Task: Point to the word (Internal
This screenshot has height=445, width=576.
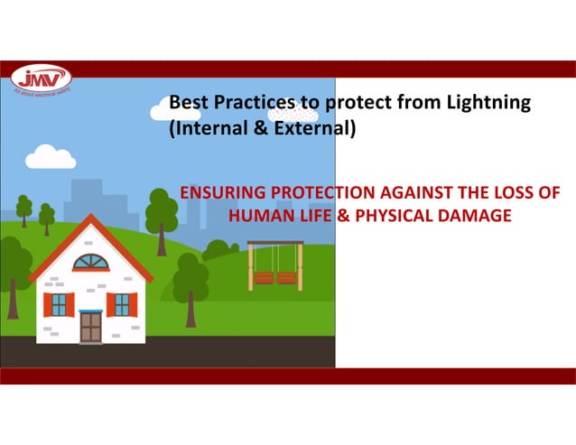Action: [x=205, y=129]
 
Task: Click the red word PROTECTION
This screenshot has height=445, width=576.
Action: [x=315, y=194]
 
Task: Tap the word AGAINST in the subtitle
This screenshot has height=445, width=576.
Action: [x=407, y=194]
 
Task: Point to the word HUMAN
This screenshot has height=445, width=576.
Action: [x=260, y=216]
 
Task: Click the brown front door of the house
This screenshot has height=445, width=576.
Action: [x=90, y=326]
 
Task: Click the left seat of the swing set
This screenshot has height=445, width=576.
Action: [x=264, y=278]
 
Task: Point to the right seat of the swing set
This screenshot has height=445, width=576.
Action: [x=287, y=278]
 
